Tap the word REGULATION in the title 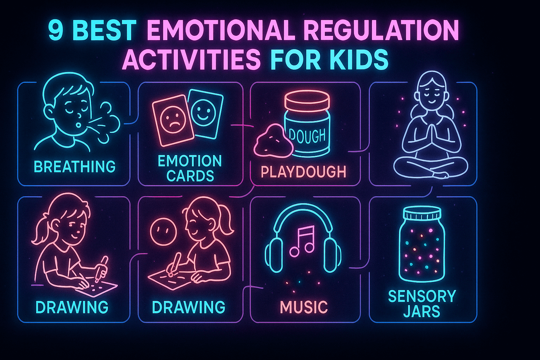tap(381, 31)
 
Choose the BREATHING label tap(75, 167)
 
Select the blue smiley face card tap(205, 112)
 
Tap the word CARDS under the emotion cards tap(190, 176)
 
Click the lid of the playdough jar tap(307, 101)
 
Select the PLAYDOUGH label tap(303, 172)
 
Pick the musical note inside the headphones tap(302, 241)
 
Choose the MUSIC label tap(304, 307)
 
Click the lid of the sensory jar tap(422, 213)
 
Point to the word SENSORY tap(422, 296)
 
